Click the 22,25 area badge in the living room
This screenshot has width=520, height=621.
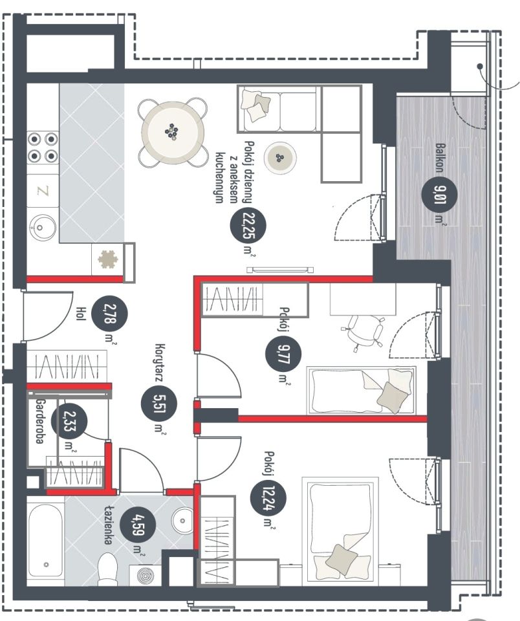pyautogui.click(x=248, y=225)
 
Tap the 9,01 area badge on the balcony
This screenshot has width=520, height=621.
pyautogui.click(x=439, y=194)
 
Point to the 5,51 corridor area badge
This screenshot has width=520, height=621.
pyautogui.click(x=159, y=404)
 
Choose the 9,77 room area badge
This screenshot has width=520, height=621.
pyautogui.click(x=283, y=354)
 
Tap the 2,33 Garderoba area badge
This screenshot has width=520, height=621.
pyautogui.click(x=70, y=421)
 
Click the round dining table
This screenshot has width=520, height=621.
pyautogui.click(x=173, y=132)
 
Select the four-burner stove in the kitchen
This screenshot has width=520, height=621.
pyautogui.click(x=43, y=147)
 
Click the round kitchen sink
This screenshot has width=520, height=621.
pyautogui.click(x=43, y=227)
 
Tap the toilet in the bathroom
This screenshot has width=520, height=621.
pyautogui.click(x=107, y=569)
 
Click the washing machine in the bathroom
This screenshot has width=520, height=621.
pyautogui.click(x=146, y=574)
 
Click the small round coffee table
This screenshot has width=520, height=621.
pyautogui.click(x=281, y=158)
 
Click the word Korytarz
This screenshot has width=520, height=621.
pyautogui.click(x=160, y=362)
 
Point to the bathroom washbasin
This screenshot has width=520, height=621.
pyautogui.click(x=182, y=520)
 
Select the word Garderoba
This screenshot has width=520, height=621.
pyautogui.click(x=39, y=421)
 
